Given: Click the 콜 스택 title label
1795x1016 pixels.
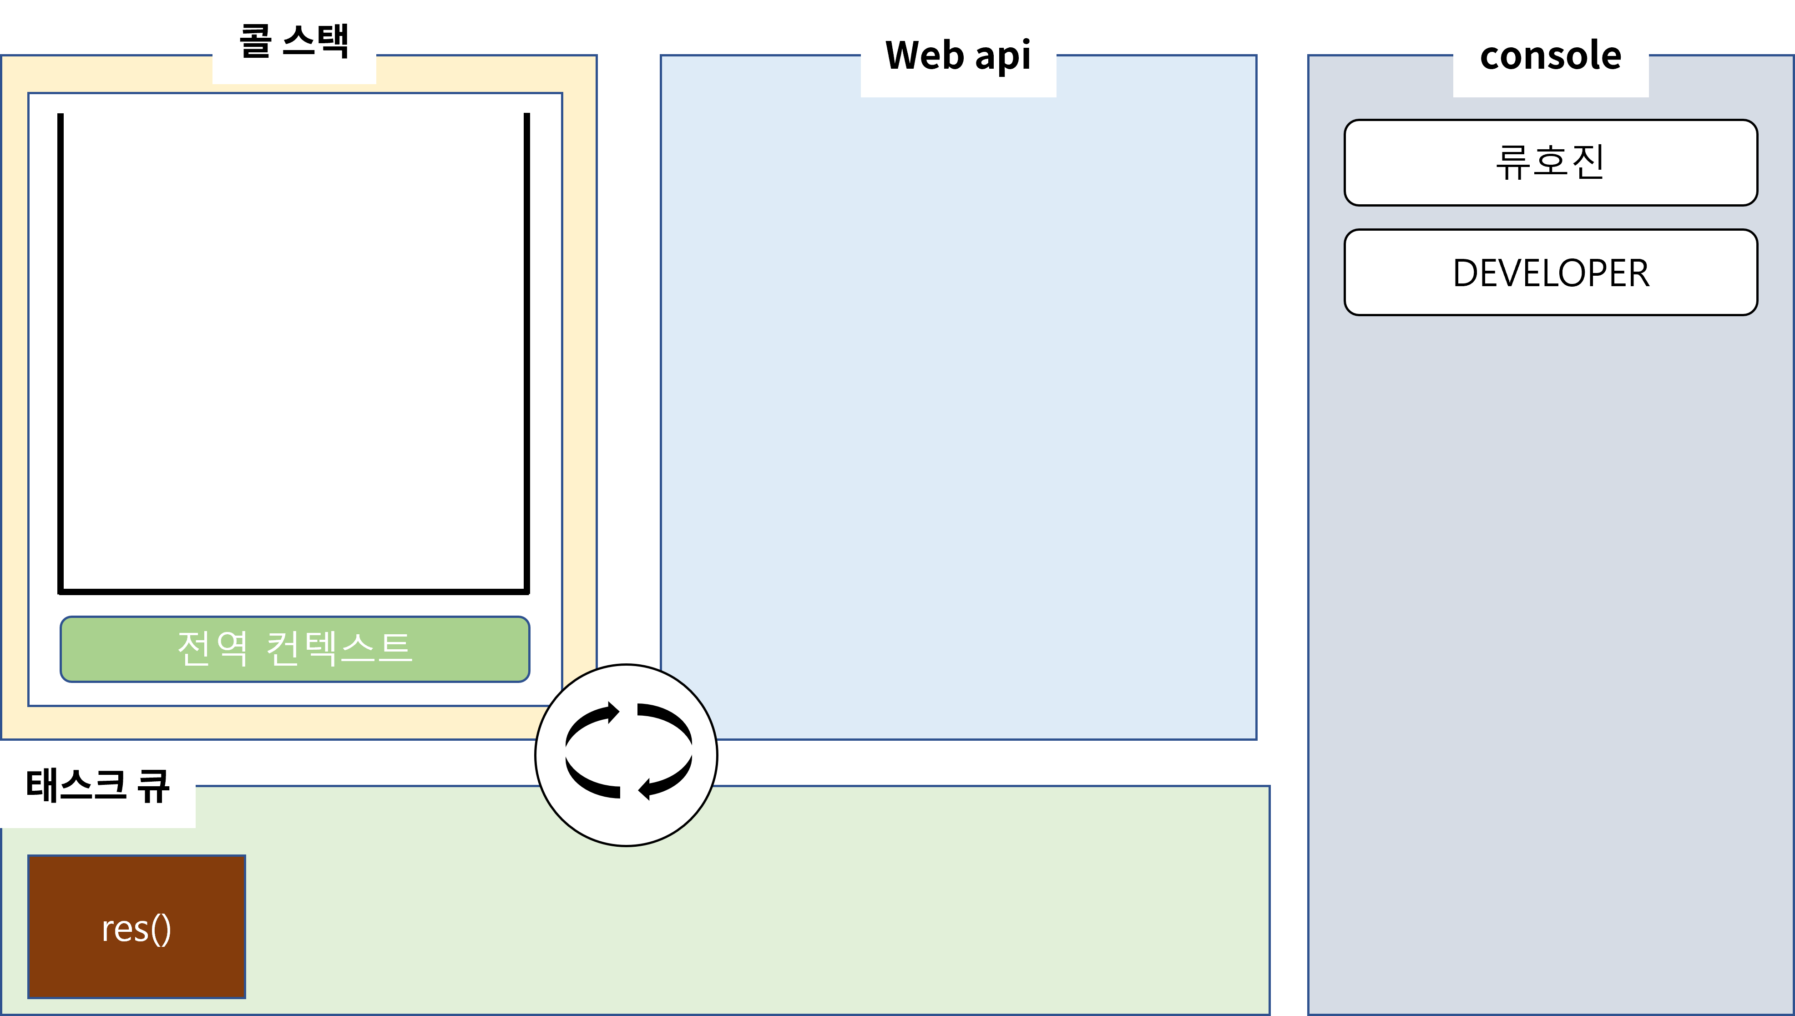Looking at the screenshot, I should click(293, 41).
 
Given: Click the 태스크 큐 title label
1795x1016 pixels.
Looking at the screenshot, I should click(98, 786).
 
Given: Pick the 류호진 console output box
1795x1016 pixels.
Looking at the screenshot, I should click(1550, 162).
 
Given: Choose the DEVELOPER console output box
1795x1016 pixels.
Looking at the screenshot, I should click(1550, 272).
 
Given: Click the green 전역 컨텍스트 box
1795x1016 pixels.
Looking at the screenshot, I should click(294, 649).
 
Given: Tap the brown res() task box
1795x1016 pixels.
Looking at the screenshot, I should click(137, 927).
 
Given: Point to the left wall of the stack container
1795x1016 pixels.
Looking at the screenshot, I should click(61, 349).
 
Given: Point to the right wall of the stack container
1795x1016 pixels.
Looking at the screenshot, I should click(527, 349).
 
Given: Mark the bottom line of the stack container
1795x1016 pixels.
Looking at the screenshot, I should click(293, 592).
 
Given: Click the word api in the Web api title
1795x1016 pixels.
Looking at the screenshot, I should click(1002, 56).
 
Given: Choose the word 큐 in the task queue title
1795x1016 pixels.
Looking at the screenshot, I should click(153, 786).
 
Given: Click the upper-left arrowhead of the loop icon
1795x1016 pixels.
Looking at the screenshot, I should click(612, 713).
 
